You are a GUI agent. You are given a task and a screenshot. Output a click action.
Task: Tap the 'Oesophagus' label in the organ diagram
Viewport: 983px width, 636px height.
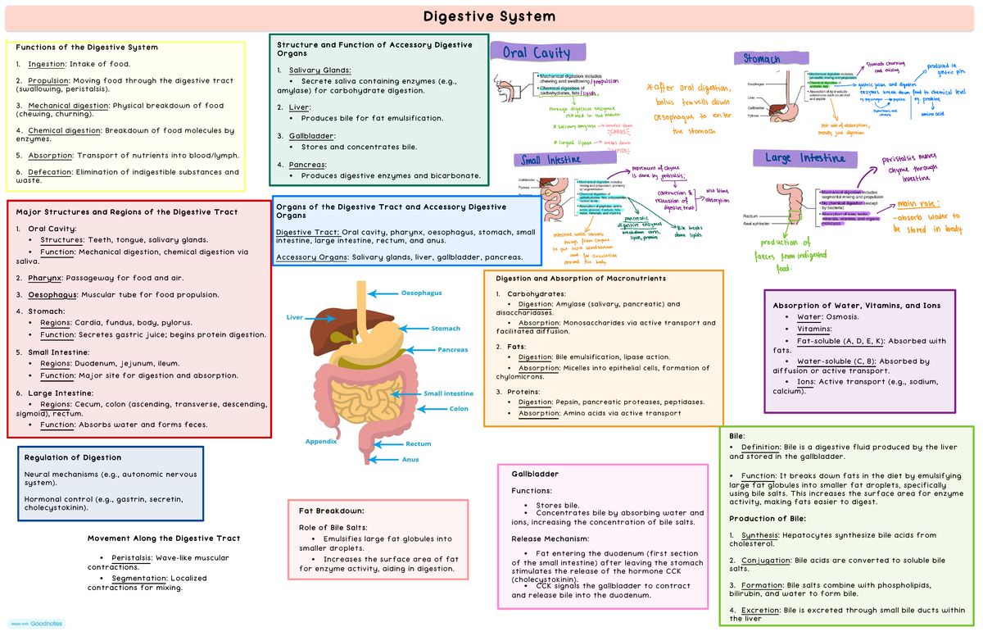421,293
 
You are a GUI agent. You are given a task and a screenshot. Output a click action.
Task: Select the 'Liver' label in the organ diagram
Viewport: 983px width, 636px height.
294,317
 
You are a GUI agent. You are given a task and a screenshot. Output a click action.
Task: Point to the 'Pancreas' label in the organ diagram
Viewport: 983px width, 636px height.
452,350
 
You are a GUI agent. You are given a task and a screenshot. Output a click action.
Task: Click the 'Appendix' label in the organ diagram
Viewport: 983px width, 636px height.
321,441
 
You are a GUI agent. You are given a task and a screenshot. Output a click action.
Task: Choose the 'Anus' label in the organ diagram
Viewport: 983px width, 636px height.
410,459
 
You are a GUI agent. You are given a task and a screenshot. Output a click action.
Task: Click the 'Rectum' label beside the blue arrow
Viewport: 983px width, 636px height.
418,444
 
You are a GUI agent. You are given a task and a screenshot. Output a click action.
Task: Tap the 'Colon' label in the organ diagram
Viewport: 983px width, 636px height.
459,408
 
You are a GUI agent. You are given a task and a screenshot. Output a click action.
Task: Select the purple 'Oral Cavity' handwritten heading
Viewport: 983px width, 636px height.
537,53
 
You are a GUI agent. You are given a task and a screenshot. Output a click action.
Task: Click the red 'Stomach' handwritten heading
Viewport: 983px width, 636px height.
762,59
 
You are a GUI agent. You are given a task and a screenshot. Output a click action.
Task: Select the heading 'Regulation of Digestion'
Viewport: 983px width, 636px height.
73,457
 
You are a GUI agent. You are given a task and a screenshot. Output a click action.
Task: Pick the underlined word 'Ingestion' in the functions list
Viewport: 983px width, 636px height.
46,64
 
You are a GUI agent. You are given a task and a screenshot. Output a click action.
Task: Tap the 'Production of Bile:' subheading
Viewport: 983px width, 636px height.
768,518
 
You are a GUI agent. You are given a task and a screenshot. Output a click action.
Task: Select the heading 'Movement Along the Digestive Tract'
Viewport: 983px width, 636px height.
164,538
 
